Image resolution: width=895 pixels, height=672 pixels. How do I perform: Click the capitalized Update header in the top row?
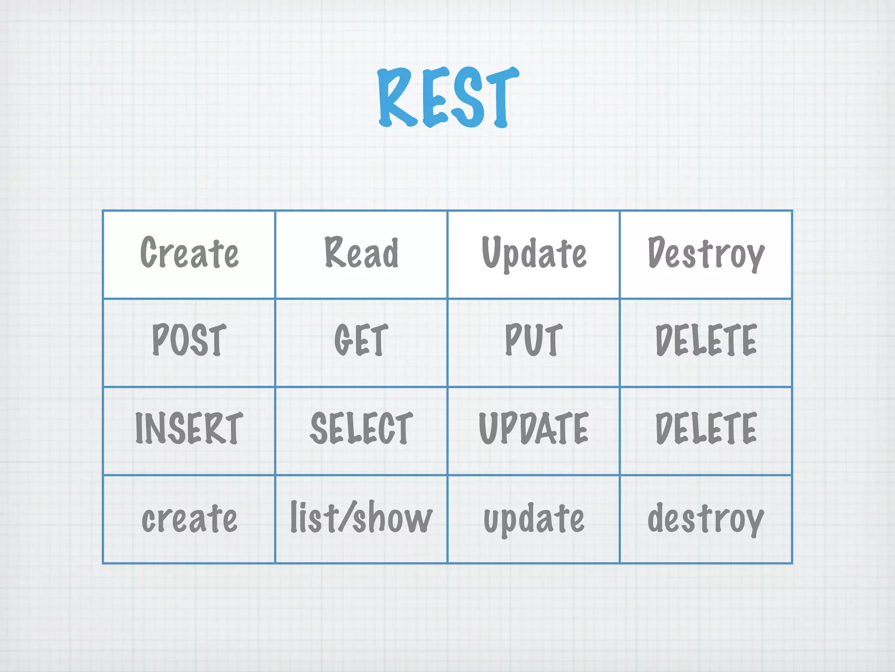[x=534, y=254]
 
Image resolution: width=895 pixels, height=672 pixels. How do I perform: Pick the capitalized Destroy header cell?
[x=706, y=254]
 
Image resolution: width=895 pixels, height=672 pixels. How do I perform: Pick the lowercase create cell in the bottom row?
[x=189, y=518]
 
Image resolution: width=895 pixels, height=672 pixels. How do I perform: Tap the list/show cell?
[x=361, y=518]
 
